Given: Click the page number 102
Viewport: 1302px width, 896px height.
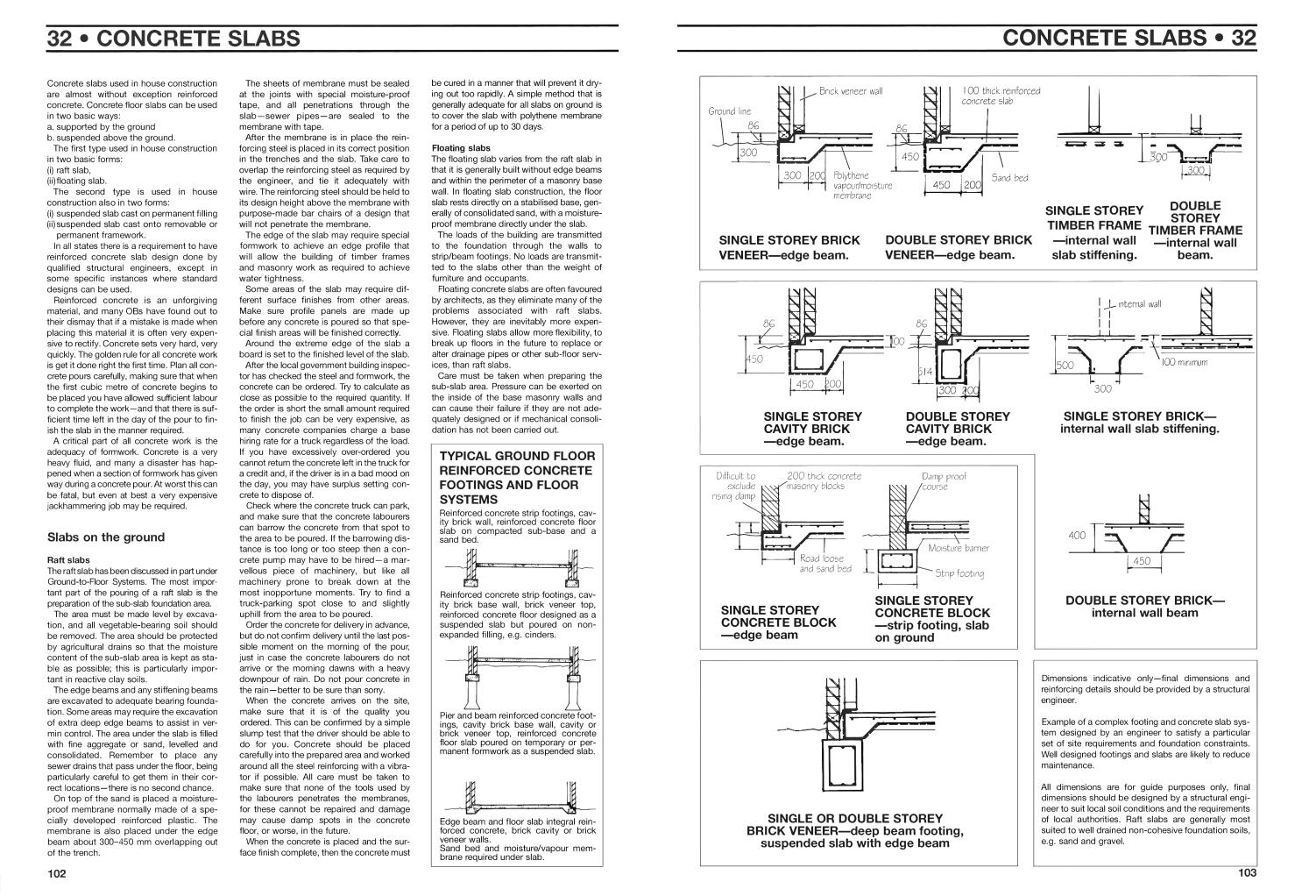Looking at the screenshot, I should pyautogui.click(x=57, y=872).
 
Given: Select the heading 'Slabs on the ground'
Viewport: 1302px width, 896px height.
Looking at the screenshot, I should pyautogui.click(x=105, y=537).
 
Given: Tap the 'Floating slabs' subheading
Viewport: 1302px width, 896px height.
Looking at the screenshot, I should pyautogui.click(x=461, y=148).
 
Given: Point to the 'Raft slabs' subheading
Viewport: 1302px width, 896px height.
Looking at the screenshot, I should pyautogui.click(x=67, y=559).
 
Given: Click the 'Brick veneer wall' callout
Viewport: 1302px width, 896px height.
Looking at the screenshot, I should pyautogui.click(x=851, y=91).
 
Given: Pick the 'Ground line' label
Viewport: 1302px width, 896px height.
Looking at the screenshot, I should pyautogui.click(x=729, y=111).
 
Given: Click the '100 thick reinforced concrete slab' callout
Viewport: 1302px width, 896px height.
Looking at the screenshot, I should pyautogui.click(x=1001, y=96).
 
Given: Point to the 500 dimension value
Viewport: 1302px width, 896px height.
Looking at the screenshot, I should pyautogui.click(x=1065, y=366).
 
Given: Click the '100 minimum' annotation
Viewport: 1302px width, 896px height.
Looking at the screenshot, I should pyautogui.click(x=1185, y=362).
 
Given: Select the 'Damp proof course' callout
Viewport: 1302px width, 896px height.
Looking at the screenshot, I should pyautogui.click(x=944, y=481).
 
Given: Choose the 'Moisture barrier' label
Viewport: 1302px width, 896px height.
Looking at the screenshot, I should pyautogui.click(x=958, y=548).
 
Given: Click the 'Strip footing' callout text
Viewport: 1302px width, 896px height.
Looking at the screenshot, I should pyautogui.click(x=959, y=573).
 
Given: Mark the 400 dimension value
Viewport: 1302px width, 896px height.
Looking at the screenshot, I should pyautogui.click(x=1077, y=535).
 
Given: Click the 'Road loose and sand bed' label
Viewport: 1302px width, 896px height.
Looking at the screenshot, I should pyautogui.click(x=824, y=563).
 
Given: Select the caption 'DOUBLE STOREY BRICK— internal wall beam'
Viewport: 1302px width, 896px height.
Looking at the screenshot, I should pyautogui.click(x=1144, y=607).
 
